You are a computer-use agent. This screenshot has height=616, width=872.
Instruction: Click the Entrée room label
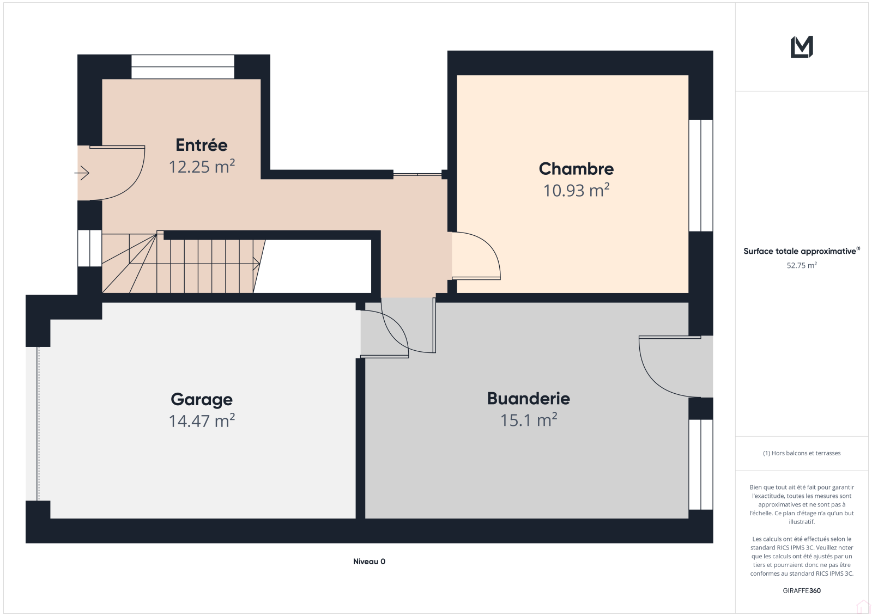point(201,145)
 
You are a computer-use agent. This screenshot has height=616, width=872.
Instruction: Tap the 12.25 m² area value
point(202,167)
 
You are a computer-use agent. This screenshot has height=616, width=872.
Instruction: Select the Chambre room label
point(576,169)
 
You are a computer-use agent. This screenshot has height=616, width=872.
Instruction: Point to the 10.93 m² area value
point(576,190)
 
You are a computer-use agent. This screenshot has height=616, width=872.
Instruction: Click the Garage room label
point(202,400)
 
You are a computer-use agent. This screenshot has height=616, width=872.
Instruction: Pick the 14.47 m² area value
point(202,420)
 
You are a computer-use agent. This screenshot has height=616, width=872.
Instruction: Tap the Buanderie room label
point(529,399)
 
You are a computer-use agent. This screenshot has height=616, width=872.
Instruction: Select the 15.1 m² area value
point(529,420)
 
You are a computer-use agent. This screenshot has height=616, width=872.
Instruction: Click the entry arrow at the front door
point(82,173)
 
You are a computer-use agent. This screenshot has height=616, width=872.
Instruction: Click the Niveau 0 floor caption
point(369,561)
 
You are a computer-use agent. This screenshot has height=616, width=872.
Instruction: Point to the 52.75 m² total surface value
point(802,265)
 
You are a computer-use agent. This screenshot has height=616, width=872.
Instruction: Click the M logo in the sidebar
point(802,47)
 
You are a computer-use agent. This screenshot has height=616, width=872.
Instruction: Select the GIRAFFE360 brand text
point(802,590)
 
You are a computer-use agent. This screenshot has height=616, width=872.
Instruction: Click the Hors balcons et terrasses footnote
point(802,453)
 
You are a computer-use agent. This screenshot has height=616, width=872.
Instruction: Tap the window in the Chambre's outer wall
point(701,175)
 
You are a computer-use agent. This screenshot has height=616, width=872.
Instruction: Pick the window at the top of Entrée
point(183,66)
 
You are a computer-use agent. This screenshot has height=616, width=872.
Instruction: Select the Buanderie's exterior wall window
point(701,465)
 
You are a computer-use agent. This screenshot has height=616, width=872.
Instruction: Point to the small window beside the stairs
point(89,248)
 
